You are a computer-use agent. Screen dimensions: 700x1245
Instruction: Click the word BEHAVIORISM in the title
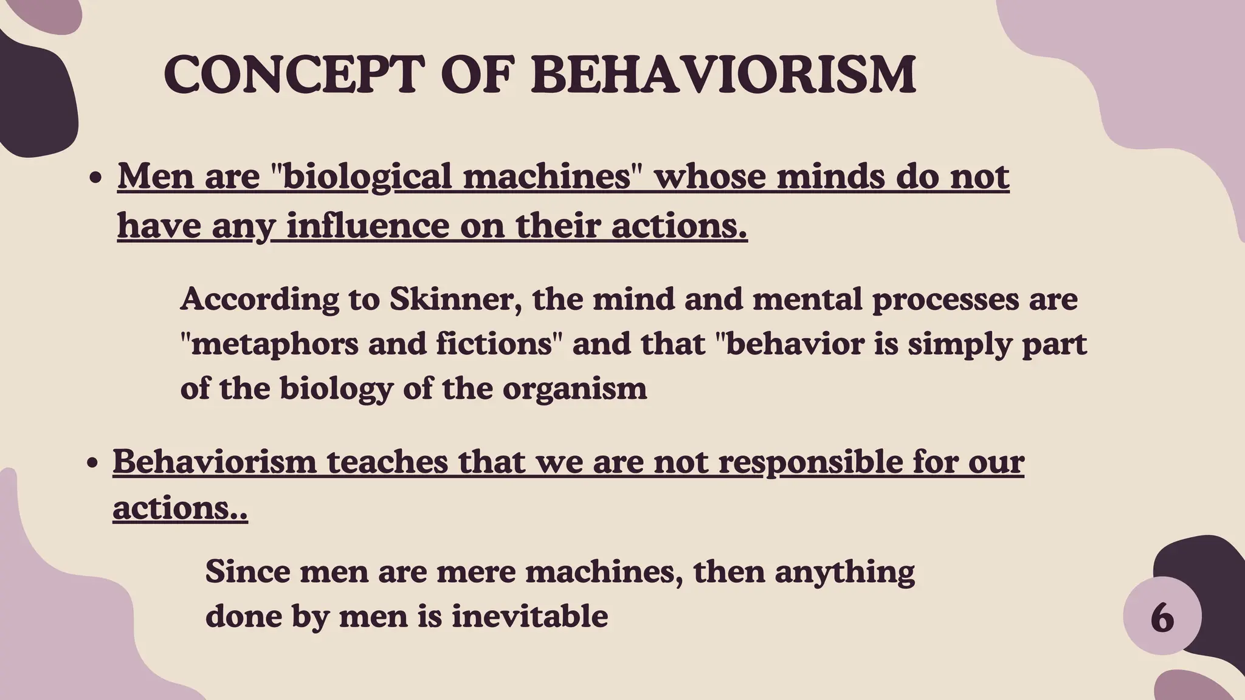(x=723, y=75)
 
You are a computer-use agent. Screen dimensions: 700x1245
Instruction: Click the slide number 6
(x=1162, y=617)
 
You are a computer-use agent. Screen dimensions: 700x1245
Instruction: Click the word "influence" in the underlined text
(x=367, y=225)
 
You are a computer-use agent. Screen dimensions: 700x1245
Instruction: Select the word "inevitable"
(x=529, y=617)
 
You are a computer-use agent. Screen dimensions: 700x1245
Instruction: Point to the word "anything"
(x=844, y=572)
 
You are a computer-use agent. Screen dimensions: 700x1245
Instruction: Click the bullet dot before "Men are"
(x=95, y=180)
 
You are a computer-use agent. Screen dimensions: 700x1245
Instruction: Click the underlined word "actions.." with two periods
(x=180, y=507)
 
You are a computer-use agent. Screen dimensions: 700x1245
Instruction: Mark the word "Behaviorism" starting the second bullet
(x=215, y=462)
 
